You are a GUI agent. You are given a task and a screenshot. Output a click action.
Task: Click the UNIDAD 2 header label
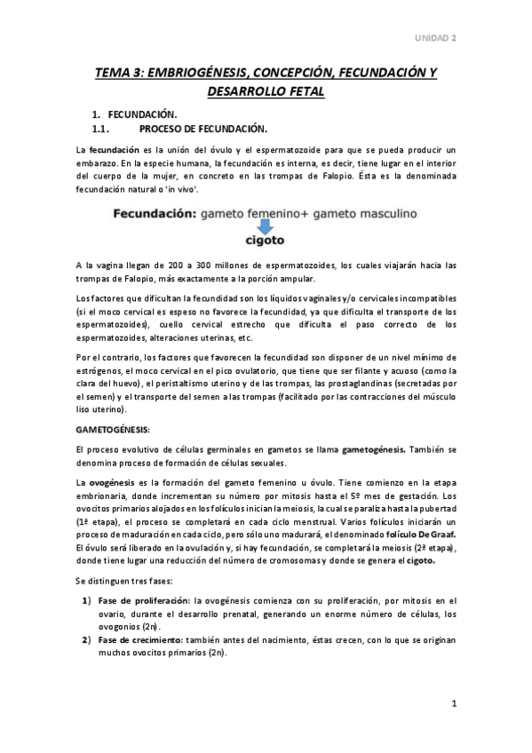point(438,38)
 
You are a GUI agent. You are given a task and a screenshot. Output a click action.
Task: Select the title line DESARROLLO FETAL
point(266,91)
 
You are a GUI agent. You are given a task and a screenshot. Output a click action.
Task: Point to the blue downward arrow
point(266,225)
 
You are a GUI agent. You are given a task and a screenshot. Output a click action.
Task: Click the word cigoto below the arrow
point(266,241)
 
